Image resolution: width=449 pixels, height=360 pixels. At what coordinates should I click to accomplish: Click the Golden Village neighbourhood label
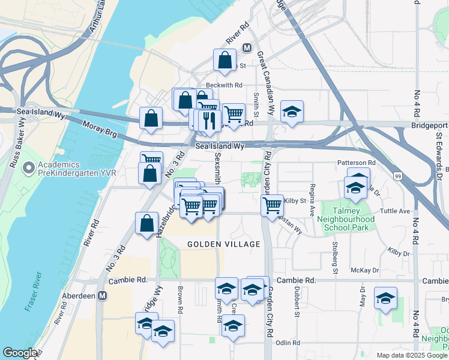click(224, 244)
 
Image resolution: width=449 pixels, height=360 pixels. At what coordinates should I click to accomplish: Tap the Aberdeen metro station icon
click(103, 296)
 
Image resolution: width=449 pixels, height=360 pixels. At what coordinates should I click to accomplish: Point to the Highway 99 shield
click(398, 176)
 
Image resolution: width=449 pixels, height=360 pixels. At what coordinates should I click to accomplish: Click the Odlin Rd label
click(288, 343)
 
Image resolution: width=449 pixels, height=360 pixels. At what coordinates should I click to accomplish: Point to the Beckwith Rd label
click(223, 85)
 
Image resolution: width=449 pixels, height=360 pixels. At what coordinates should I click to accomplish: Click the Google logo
click(20, 353)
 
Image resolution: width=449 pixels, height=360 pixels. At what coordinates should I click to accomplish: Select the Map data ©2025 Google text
click(412, 355)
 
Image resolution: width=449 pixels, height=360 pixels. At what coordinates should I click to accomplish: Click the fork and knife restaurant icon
click(209, 120)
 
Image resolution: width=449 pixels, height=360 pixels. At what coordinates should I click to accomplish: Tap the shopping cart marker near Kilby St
click(273, 205)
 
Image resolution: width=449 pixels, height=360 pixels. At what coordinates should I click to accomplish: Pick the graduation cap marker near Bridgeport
click(292, 112)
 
